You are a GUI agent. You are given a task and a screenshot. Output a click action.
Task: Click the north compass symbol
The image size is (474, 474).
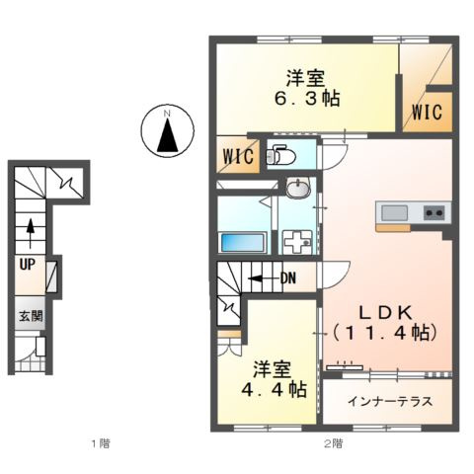168,129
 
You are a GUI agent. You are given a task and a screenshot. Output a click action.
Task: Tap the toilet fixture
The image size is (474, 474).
280,155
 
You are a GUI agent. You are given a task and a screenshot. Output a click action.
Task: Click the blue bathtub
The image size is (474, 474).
243,243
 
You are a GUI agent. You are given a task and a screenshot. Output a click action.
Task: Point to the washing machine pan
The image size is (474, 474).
298,242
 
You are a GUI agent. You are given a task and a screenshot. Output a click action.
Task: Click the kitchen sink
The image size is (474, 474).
394,213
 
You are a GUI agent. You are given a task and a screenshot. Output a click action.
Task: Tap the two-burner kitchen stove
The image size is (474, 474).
434,213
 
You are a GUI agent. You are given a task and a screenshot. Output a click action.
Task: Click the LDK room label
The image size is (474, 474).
385,313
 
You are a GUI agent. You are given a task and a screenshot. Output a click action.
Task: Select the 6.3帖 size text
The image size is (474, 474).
307,99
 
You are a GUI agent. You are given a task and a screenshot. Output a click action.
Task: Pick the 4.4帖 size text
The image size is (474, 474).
275,390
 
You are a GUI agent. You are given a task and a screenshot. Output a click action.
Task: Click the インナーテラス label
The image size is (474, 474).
390,402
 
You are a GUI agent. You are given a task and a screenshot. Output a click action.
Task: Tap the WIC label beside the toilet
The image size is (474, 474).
239,156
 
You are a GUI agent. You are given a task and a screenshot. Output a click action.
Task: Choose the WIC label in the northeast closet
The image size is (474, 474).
427,112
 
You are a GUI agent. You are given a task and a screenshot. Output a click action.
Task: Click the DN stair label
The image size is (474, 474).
288,278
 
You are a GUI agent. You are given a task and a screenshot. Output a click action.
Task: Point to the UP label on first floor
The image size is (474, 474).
28,265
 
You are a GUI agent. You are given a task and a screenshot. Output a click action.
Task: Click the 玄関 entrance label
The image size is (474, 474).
31,316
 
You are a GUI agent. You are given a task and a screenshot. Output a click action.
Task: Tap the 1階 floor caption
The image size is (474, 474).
101,444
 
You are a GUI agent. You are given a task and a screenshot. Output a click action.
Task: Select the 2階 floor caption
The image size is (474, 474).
333,444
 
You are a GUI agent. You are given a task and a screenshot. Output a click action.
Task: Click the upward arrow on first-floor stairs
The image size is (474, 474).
31,233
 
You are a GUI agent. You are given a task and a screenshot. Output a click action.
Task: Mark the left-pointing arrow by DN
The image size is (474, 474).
264,278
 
